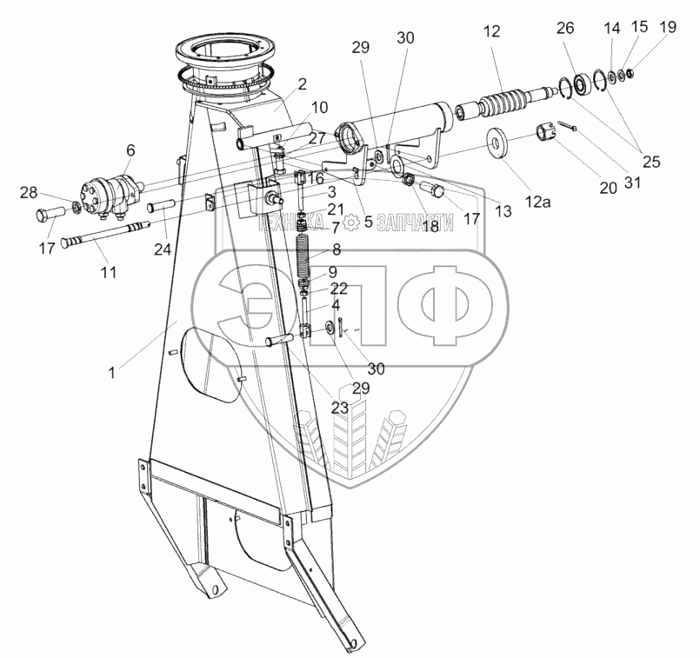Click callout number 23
pyautogui.click(x=339, y=405)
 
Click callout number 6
pyautogui.click(x=130, y=150)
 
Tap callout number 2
pyautogui.click(x=302, y=84)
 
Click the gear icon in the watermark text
pyautogui.click(x=351, y=223)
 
